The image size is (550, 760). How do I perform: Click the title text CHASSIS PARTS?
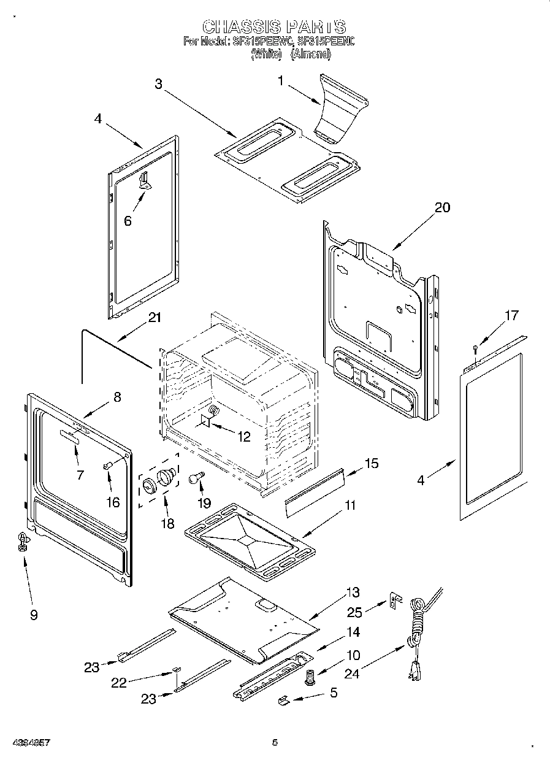tap(274, 26)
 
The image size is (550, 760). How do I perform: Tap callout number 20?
tap(441, 207)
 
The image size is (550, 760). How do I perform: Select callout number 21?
tap(155, 317)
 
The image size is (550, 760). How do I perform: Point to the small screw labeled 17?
tap(475, 350)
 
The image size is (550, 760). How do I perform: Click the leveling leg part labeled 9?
tap(23, 540)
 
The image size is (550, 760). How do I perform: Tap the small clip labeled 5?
tap(285, 698)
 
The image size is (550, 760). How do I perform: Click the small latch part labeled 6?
tap(145, 180)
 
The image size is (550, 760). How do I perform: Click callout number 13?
tap(353, 593)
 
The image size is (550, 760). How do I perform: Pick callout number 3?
tap(158, 84)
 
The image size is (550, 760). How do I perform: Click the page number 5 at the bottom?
tap(275, 742)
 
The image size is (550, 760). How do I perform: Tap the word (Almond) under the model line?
tap(311, 54)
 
